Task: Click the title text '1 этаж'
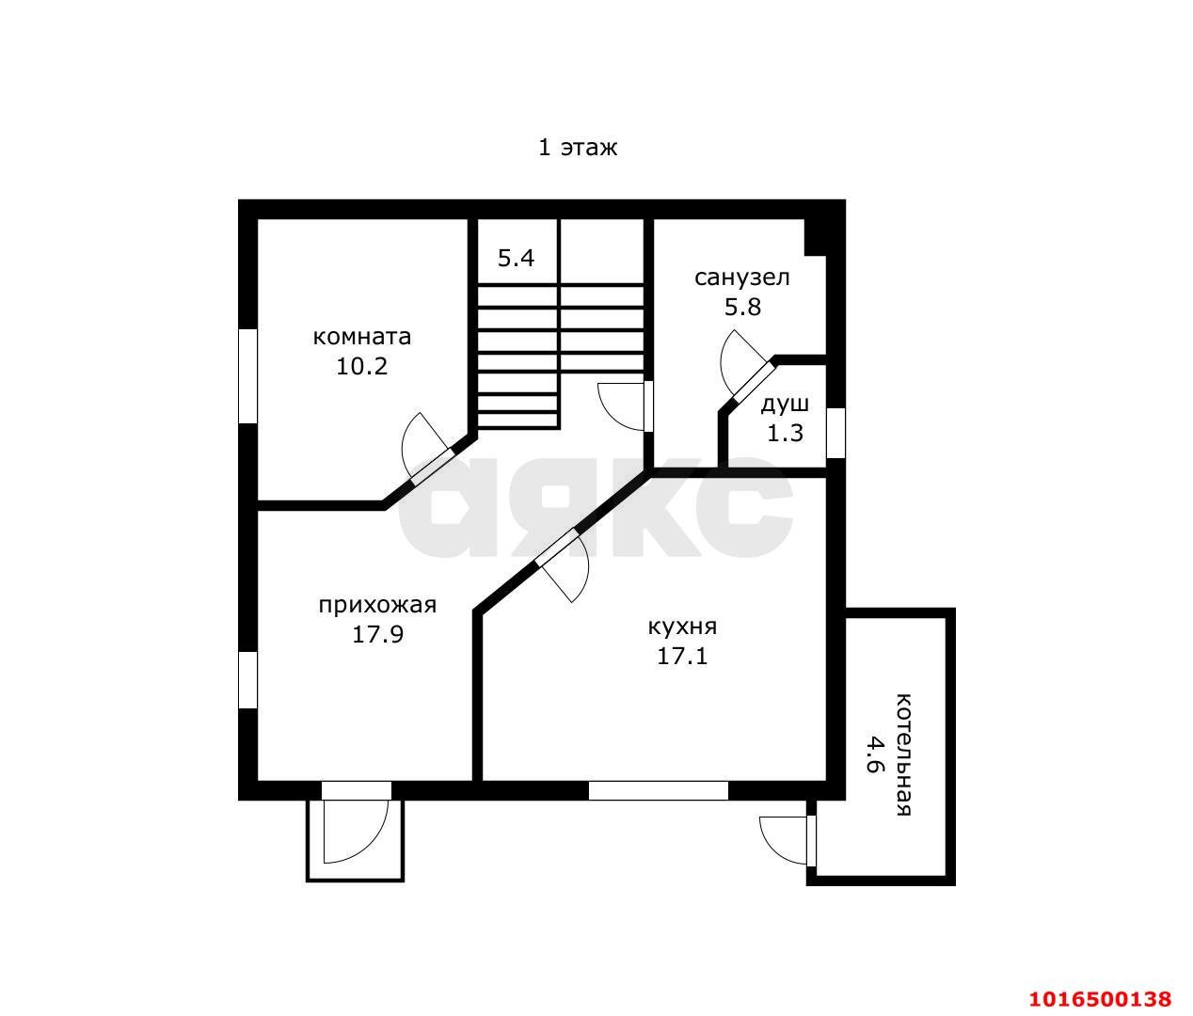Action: pyautogui.click(x=578, y=148)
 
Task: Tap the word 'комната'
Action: pyautogui.click(x=362, y=337)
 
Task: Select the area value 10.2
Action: pyautogui.click(x=362, y=367)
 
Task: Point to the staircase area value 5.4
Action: pyautogui.click(x=516, y=258)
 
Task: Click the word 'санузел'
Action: pyautogui.click(x=742, y=278)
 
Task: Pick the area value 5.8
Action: pyautogui.click(x=743, y=307)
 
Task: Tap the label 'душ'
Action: pyautogui.click(x=785, y=405)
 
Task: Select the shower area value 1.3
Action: pyautogui.click(x=785, y=433)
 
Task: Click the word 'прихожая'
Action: pyautogui.click(x=377, y=606)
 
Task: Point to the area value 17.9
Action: pyautogui.click(x=377, y=635)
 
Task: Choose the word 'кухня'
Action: pyautogui.click(x=682, y=627)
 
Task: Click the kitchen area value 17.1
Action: pyautogui.click(x=682, y=657)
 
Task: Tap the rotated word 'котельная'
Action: pyautogui.click(x=903, y=754)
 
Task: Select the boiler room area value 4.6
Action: pyautogui.click(x=874, y=754)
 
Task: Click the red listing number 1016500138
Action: pyautogui.click(x=1101, y=999)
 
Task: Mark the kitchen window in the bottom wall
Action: pyautogui.click(x=659, y=790)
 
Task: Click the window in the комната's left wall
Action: pyautogui.click(x=248, y=376)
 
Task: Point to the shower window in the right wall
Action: pyautogui.click(x=835, y=433)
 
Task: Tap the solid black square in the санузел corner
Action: pyautogui.click(x=816, y=237)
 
